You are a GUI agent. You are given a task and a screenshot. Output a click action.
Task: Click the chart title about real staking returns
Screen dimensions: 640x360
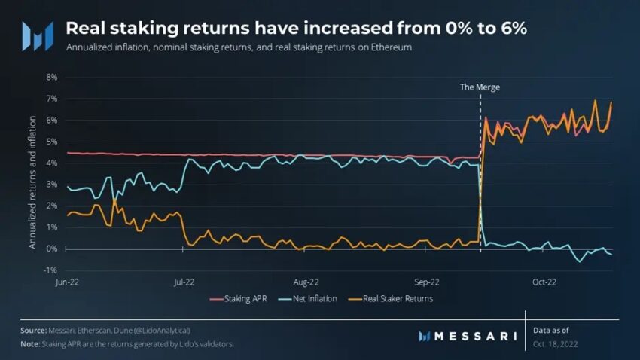tap(297, 28)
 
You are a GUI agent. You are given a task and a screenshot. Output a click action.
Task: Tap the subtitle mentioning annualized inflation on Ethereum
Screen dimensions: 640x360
tap(239, 47)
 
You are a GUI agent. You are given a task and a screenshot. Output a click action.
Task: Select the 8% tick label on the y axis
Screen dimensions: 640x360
tap(52, 77)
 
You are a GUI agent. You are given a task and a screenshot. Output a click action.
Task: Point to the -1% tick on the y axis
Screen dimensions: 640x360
tap(50, 270)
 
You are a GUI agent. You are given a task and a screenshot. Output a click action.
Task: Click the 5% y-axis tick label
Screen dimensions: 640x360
tap(52, 142)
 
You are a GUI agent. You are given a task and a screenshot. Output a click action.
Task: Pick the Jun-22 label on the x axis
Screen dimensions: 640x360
tap(67, 282)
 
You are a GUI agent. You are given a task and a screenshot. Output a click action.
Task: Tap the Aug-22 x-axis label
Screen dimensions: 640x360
tap(306, 282)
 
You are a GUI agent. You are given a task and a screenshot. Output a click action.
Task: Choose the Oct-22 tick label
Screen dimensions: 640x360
tap(544, 282)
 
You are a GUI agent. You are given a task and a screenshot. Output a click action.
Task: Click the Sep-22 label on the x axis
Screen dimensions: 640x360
tap(427, 282)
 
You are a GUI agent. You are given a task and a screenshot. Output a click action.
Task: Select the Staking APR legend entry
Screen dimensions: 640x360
tap(239, 299)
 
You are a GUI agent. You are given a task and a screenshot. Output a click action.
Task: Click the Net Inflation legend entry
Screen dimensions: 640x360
tap(308, 299)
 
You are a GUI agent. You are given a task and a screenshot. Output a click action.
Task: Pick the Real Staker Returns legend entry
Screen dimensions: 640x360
tap(391, 299)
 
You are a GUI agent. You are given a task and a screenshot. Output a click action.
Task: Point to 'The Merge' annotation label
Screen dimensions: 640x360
tap(480, 87)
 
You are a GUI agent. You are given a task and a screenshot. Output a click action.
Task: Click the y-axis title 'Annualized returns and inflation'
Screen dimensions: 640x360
tap(32, 182)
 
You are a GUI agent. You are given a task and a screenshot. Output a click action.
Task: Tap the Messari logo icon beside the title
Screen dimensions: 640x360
tap(38, 36)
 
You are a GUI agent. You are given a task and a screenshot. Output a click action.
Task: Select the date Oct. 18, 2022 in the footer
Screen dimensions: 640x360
tap(555, 344)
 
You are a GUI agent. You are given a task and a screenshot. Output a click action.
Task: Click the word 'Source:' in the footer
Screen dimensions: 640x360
tap(34, 330)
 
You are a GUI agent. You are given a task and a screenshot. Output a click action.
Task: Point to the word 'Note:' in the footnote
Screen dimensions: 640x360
tap(30, 344)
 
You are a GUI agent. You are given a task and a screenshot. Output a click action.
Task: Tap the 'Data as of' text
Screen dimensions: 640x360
tap(550, 330)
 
